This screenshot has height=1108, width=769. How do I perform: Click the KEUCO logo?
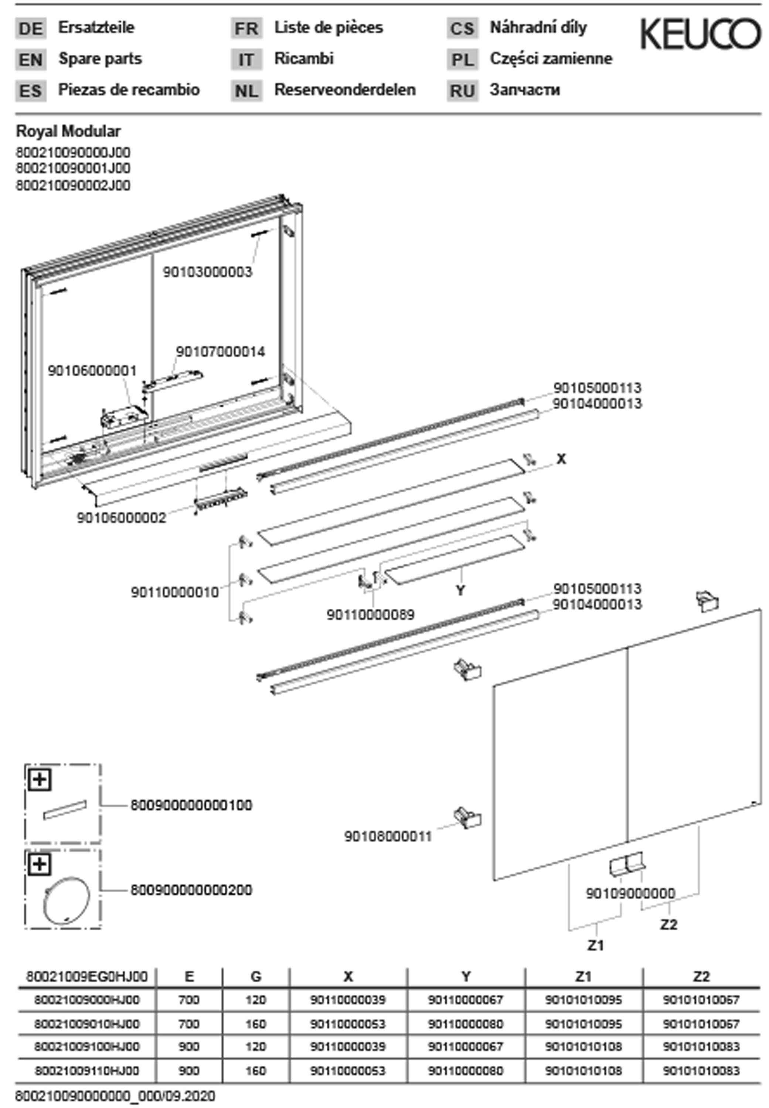[700, 34]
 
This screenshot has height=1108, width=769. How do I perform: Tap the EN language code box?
[31, 60]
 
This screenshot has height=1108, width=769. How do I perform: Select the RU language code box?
[462, 91]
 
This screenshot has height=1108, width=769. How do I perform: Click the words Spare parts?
[100, 59]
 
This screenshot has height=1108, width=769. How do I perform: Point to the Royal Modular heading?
[68, 131]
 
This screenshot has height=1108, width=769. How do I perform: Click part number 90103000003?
[207, 272]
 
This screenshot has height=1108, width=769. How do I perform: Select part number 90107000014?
[220, 352]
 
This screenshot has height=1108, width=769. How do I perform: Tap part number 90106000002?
[122, 518]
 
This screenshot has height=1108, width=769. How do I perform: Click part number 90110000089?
[371, 615]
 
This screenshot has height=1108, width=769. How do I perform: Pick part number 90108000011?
[388, 837]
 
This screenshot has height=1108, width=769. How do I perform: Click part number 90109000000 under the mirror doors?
[630, 894]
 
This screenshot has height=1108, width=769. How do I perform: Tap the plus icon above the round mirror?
[40, 865]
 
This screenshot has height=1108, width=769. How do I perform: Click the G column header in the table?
[256, 977]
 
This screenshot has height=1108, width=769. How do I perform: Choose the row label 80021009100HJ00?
[87, 1046]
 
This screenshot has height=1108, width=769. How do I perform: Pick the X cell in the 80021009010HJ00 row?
[348, 1023]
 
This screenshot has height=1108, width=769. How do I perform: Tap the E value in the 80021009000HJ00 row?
[189, 1000]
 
